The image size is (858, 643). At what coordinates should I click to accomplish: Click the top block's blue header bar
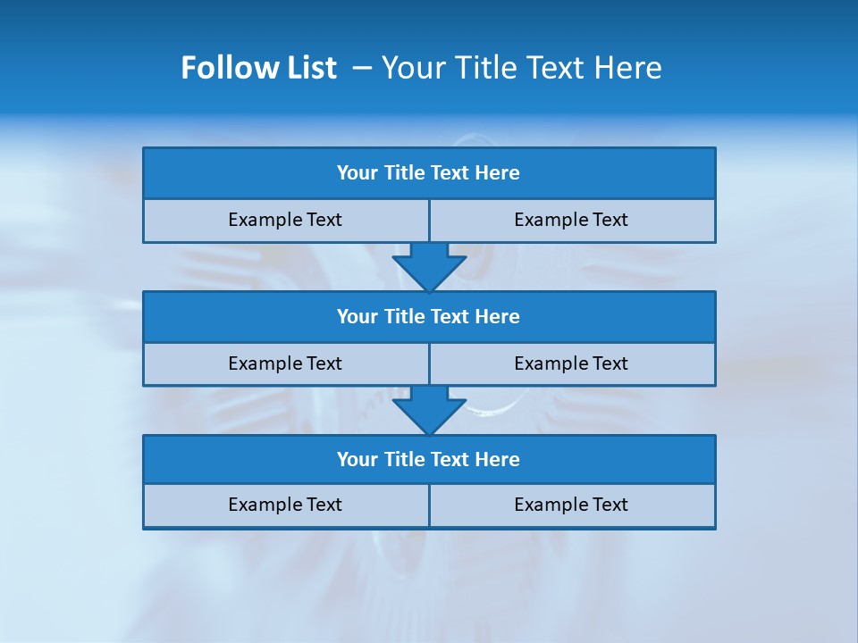[x=429, y=173]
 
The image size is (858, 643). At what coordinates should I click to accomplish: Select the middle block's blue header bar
[x=429, y=317]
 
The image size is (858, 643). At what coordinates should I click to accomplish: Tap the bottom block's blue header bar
[x=429, y=460]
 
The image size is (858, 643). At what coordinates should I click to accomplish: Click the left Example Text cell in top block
[x=285, y=221]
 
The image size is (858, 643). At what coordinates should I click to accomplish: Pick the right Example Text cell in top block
[x=572, y=221]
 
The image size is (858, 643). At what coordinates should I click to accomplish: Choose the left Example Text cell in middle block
[x=285, y=364]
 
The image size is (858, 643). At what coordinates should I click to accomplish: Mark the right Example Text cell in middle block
[x=572, y=364]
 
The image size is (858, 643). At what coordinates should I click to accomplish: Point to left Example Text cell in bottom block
[x=285, y=505]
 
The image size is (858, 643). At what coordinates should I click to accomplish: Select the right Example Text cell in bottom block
[x=572, y=505]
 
